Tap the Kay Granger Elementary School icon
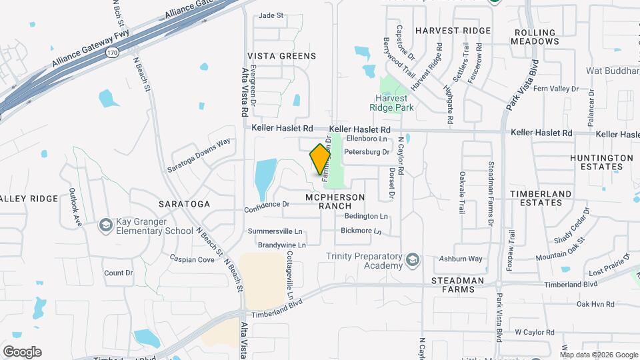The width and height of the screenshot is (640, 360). click(x=105, y=226)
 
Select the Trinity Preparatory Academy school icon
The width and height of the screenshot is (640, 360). click(x=413, y=259)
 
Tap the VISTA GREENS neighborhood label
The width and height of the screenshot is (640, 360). click(x=281, y=56)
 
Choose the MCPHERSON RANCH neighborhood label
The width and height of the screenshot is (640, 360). click(x=335, y=202)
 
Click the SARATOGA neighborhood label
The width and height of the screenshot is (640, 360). click(x=185, y=203)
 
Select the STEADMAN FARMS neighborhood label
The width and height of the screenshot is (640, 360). click(x=457, y=285)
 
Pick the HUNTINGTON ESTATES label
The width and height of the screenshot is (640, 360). click(x=601, y=163)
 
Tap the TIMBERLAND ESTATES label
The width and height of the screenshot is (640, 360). click(x=541, y=198)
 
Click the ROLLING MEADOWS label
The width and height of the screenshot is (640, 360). click(x=535, y=37)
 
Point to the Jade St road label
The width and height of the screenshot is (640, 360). click(x=271, y=15)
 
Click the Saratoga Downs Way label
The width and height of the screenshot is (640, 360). click(x=199, y=155)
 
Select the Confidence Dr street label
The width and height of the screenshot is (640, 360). click(x=267, y=205)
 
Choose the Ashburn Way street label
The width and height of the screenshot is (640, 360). click(x=461, y=259)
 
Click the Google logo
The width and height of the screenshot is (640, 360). click(x=22, y=352)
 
